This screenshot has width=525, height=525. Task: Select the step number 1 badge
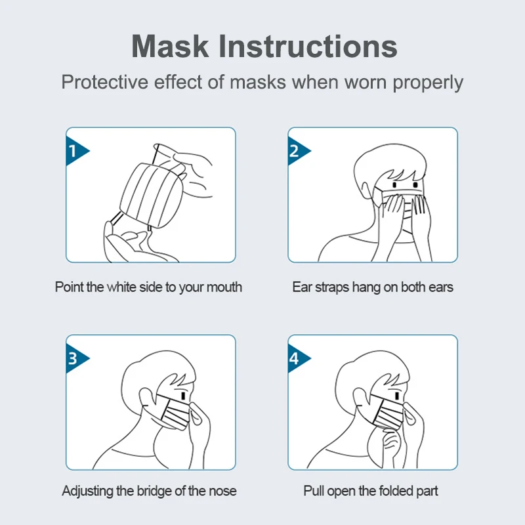point(74,152)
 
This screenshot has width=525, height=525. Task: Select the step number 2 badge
point(296,152)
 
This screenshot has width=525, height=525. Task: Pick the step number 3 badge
point(74,358)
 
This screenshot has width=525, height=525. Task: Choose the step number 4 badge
point(296,358)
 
